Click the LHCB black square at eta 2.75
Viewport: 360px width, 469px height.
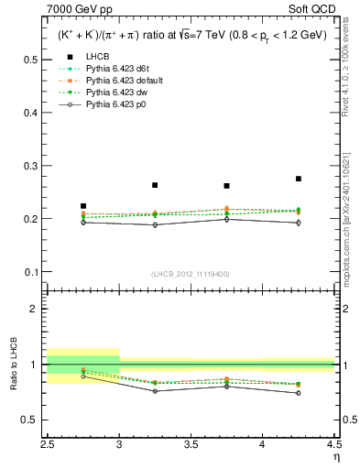(x=83, y=206)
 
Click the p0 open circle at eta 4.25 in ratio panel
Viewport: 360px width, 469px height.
(x=298, y=393)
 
